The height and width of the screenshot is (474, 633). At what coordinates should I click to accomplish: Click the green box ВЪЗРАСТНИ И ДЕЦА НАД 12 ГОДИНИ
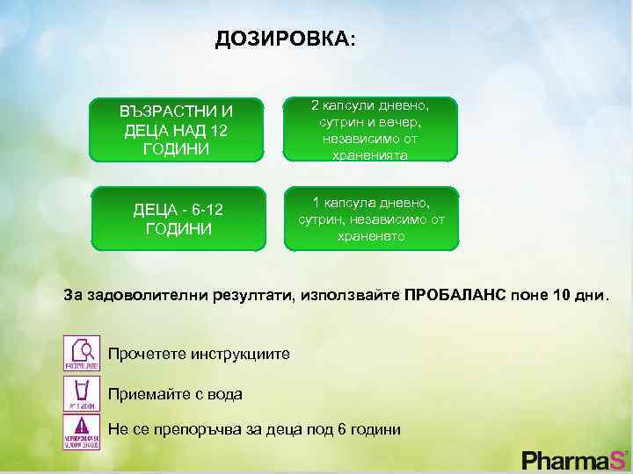pos(177,130)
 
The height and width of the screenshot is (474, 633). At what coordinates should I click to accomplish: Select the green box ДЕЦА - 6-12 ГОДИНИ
pos(177,219)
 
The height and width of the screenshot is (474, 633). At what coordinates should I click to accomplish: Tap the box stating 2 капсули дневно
pos(370,130)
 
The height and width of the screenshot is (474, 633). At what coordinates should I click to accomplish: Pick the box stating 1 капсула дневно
pos(370,219)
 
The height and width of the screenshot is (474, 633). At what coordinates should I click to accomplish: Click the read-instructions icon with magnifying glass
pos(81,353)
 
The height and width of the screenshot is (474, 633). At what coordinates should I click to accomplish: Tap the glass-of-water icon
pos(81,393)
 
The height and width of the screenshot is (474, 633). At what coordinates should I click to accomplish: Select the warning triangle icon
pos(81,431)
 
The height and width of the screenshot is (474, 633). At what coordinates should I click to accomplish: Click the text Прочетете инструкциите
pos(198,355)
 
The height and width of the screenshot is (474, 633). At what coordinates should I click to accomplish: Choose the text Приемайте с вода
pos(175,394)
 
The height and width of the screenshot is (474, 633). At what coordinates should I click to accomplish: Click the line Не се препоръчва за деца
pos(254,429)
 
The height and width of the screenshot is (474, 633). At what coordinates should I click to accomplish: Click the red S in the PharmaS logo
pos(619,459)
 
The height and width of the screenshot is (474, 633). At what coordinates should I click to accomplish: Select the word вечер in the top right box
pos(407,122)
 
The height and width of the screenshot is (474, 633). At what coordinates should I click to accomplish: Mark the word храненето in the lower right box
pos(371,236)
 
